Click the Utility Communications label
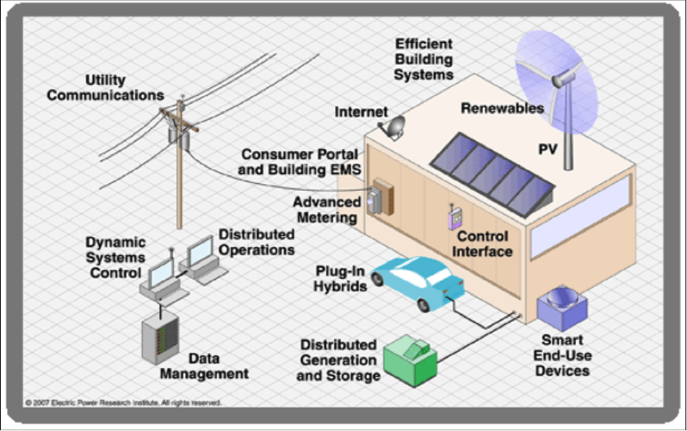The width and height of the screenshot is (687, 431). [x=105, y=87]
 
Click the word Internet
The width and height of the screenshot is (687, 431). [x=361, y=112]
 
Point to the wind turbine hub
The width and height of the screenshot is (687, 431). [x=558, y=79]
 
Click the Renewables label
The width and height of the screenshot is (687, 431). [x=502, y=108]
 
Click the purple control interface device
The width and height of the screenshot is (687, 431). [x=450, y=217]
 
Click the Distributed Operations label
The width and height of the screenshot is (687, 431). [x=256, y=242]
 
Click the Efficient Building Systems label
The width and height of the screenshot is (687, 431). [x=423, y=59]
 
